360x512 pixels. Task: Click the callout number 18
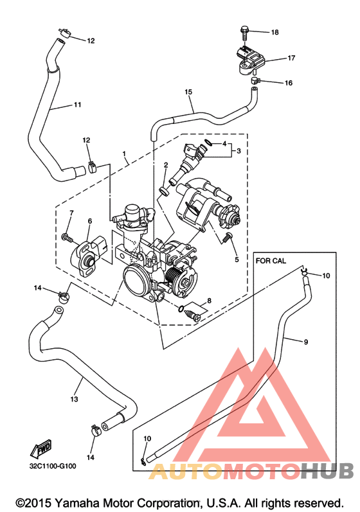tap(274, 32)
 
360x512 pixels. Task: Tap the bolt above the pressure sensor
tap(245, 33)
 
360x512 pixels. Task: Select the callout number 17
tap(291, 58)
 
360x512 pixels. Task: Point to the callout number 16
tap(289, 83)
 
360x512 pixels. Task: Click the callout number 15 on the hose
tap(188, 92)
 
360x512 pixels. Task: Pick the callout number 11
tap(77, 105)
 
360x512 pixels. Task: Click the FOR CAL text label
tap(271, 261)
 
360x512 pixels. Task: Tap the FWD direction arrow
tap(40, 449)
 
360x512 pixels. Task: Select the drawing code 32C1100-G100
tap(53, 466)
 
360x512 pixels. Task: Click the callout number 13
tap(74, 399)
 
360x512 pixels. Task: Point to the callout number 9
tap(306, 342)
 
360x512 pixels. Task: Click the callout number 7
tap(71, 213)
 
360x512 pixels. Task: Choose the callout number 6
tap(90, 221)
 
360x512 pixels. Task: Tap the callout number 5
tap(237, 260)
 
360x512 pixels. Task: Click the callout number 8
tap(209, 301)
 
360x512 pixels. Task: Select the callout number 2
tap(166, 165)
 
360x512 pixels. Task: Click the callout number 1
tap(124, 153)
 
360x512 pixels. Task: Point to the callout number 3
tap(239, 151)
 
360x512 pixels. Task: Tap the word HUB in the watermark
tap(327, 471)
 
